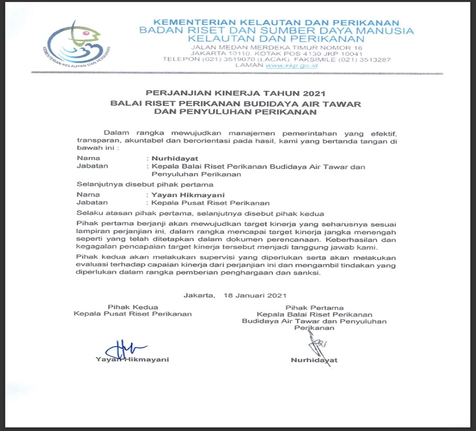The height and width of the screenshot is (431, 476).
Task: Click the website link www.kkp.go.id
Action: (292, 65)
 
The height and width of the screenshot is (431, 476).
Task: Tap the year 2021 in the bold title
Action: (314, 94)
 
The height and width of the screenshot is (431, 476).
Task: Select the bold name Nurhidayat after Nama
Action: (175, 158)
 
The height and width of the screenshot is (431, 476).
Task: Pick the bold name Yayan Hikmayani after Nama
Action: (188, 195)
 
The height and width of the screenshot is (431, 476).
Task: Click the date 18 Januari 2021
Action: (255, 296)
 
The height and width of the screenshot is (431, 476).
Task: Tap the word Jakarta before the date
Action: (198, 296)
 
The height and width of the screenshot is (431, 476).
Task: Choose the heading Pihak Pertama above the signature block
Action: (314, 308)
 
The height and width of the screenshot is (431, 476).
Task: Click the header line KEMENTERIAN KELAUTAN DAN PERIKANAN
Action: (276, 23)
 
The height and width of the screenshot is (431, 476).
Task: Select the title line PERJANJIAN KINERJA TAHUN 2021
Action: (235, 94)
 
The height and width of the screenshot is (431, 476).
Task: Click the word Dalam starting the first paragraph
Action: (117, 133)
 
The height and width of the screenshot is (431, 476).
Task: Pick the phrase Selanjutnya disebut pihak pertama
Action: (145, 185)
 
